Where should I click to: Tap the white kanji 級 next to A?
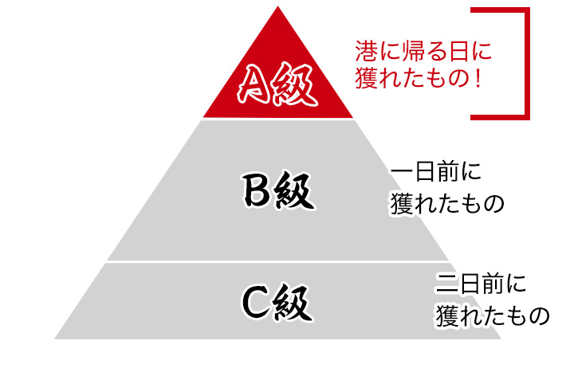point(294,84)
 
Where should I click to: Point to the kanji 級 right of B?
point(295,191)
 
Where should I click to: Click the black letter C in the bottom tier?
point(256,303)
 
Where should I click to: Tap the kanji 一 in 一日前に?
point(402,173)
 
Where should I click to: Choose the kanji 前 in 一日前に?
point(447,172)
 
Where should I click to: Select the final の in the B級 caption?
point(493,203)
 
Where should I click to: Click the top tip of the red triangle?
point(278,6)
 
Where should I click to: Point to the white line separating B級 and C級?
point(277,262)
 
